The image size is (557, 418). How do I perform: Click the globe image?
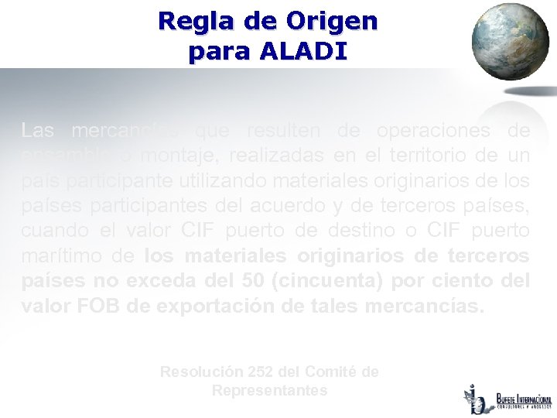coord(509,43)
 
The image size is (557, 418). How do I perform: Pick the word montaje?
coord(173,156)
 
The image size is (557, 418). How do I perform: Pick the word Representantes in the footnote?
coord(269,391)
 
